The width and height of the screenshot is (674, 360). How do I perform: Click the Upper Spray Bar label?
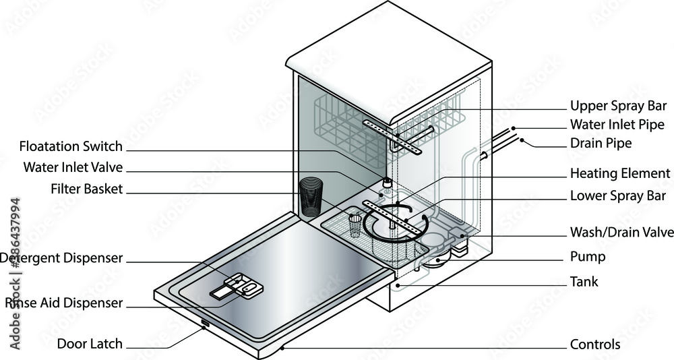point(618,106)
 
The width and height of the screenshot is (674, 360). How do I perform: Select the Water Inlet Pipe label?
point(617,125)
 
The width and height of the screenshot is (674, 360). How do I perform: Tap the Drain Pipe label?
point(601,143)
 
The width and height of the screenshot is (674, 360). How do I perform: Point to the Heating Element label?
point(619,173)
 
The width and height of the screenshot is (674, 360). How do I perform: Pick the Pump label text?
point(587,257)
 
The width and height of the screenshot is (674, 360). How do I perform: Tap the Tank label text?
point(584,281)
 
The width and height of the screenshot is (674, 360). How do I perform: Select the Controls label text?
point(594,344)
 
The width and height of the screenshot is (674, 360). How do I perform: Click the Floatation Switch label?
point(71,146)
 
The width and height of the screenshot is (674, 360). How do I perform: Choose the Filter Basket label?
point(86,189)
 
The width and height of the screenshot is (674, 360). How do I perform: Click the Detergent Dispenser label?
point(62,258)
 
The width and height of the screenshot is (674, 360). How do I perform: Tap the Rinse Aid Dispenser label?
point(64,303)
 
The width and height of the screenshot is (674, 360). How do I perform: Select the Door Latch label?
point(90,344)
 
